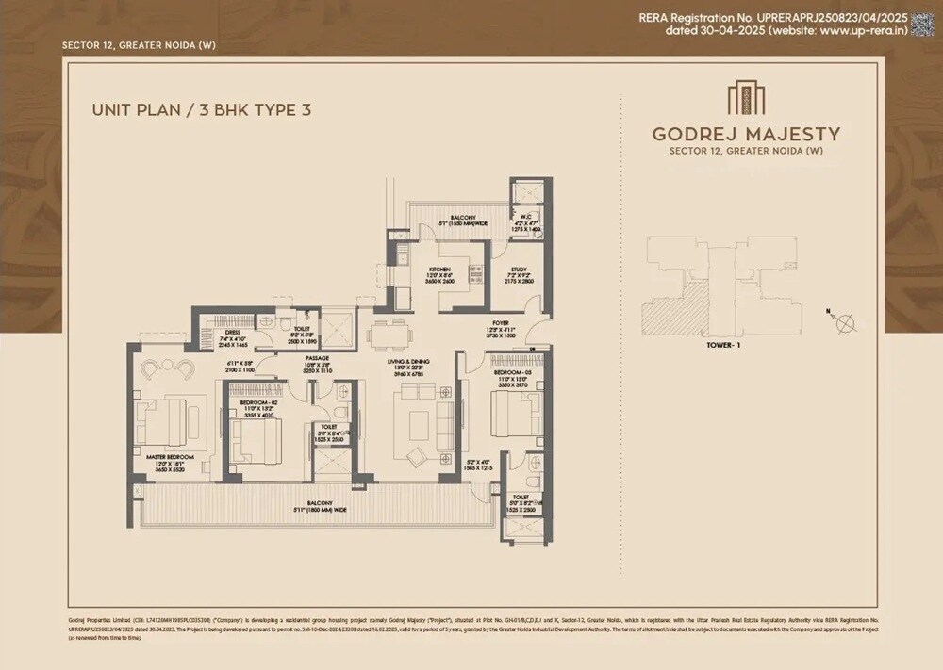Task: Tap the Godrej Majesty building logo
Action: (739, 99)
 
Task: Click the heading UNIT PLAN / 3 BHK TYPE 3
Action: (201, 110)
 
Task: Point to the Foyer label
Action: (500, 323)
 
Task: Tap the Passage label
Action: (317, 358)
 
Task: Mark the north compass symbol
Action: (845, 323)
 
